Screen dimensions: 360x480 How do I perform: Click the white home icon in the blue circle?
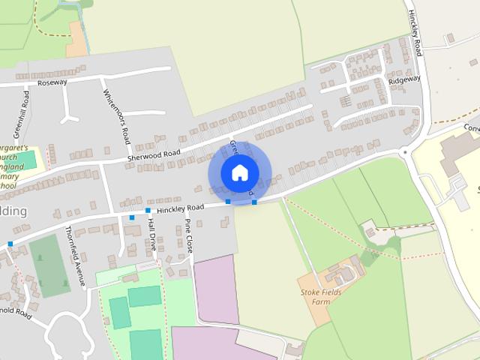point(239,172)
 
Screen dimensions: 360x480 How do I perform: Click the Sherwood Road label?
point(154,154)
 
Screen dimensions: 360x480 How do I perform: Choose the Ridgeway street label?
point(404,79)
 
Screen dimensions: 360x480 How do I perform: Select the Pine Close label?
point(189,235)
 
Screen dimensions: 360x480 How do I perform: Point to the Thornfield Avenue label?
point(75,255)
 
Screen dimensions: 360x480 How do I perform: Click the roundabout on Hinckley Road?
point(406,151)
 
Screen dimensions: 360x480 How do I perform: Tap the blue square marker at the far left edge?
point(10,244)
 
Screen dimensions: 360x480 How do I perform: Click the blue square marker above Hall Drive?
point(148,211)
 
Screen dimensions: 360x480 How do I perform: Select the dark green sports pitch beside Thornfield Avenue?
point(49,266)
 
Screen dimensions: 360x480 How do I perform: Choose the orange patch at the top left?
point(76,40)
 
